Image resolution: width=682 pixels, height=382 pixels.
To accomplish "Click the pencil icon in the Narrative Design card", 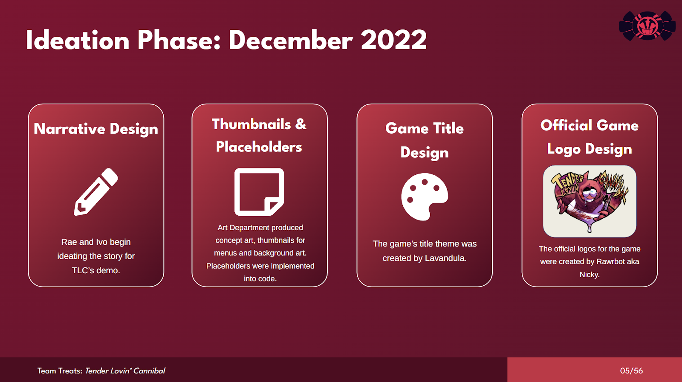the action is coord(95,192).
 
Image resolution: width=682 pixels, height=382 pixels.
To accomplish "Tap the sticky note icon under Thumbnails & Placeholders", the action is coord(259,192).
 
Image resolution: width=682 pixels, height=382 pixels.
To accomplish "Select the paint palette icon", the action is coord(425,197).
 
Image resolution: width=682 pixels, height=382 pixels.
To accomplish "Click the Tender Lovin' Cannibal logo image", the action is coord(590,201).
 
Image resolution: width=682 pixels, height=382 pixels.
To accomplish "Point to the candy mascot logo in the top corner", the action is coord(647,26).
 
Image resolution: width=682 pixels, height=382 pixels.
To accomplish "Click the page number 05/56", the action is coord(631,371).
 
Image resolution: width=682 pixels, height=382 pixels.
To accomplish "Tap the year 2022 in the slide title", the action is coord(394,40).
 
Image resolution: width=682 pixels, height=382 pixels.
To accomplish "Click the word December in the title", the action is coord(290,40).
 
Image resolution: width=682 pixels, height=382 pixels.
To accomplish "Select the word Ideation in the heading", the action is coord(78,40).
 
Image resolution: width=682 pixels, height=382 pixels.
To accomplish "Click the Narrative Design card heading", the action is coord(96,129).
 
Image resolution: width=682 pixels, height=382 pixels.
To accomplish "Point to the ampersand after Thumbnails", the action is coord(301,124).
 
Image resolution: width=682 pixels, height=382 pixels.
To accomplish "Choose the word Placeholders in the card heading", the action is coord(259,147).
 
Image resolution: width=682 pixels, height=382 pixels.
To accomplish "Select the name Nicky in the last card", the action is coord(590,275).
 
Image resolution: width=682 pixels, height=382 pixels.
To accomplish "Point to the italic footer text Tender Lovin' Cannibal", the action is coord(125,371).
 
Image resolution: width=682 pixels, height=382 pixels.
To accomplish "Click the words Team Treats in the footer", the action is coord(60,371).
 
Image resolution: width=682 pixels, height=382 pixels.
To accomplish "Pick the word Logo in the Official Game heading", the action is coord(564,149).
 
